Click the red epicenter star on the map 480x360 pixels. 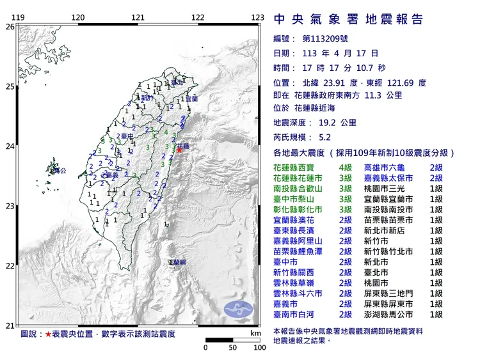[x=180, y=151]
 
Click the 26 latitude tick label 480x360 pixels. [x=10, y=27]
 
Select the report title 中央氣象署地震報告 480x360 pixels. [x=348, y=20]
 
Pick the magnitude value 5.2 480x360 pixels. [x=324, y=137]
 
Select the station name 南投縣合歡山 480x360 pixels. [x=295, y=189]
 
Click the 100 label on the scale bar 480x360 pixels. [x=259, y=348]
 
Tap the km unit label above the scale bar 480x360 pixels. [x=256, y=333]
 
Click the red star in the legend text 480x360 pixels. [x=48, y=334]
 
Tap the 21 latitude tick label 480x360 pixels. [x=10, y=326]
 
